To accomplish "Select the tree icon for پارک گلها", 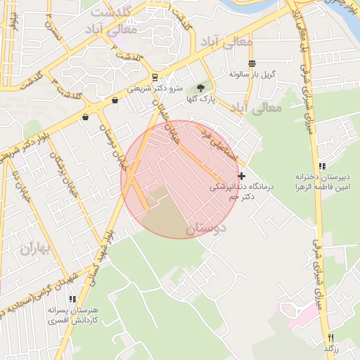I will pos(201,88).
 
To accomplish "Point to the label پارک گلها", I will pos(201,100).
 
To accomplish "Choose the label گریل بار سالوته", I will pos(252,75).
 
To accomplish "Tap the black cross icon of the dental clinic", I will pos(242,176).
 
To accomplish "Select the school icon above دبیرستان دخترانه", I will pos(322,166).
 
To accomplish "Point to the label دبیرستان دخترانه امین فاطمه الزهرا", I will pos(322,182).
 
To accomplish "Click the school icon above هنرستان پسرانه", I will pos(72,299).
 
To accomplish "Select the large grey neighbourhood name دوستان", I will pos(207,229).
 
